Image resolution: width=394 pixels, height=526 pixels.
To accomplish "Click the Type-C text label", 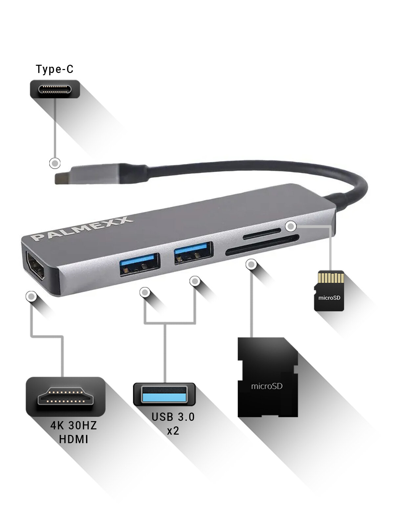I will coord(55,69).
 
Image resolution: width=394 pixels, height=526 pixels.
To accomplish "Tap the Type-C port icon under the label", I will coord(55,89).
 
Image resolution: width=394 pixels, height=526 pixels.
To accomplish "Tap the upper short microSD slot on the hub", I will coord(262,233).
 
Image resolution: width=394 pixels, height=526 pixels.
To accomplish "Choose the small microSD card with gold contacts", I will coord(329,291).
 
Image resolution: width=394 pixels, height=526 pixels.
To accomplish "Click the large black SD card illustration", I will coord(268,377).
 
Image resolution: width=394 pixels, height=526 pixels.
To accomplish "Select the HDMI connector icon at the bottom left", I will coord(65,396).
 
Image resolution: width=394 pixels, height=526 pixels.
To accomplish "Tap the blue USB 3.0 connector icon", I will coord(164,394).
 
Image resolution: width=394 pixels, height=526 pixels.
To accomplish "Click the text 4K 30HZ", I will coord(74,425).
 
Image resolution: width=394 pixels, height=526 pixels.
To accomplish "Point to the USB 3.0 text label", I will coord(173,417).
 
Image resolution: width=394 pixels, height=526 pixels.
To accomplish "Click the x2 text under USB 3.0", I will coord(173,431).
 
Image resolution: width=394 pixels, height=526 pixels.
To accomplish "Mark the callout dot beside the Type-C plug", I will coord(55,163).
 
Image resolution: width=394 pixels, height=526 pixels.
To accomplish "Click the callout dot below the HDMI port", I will coord(31,297).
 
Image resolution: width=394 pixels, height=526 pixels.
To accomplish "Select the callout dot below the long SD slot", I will coord(252,264).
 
